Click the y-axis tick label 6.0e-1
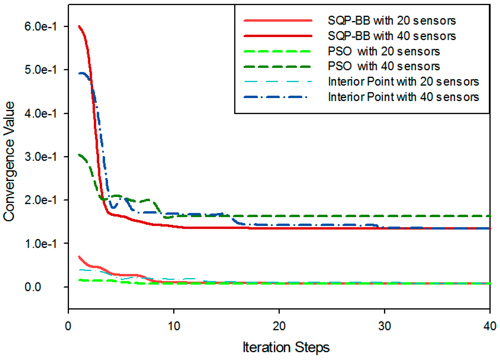40,26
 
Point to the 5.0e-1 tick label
40,70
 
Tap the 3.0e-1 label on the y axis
40,157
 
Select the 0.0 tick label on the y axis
33,287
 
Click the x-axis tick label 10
174,326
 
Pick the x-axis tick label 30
384,326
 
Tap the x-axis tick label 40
490,326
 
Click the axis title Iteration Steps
286,347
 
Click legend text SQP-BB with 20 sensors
392,21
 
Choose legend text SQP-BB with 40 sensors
392,36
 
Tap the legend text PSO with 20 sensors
383,51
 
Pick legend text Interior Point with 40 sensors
403,97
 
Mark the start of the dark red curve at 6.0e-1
79,26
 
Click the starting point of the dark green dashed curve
79,154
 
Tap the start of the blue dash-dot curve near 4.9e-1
79,73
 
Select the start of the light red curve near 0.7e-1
79,257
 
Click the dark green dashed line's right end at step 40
489,216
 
